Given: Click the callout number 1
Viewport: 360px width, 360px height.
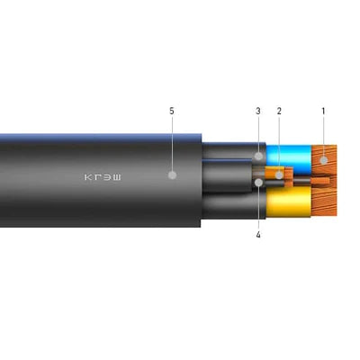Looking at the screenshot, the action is pyautogui.click(x=323, y=111).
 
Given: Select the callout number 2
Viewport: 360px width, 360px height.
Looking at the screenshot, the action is pyautogui.click(x=279, y=111).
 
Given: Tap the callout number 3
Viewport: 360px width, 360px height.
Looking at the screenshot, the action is pyautogui.click(x=258, y=111).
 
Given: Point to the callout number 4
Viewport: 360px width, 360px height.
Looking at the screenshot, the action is pyautogui.click(x=258, y=235).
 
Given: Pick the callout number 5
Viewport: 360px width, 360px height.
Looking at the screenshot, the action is pyautogui.click(x=172, y=111).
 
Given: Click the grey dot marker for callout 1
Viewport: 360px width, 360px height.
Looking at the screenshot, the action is pyautogui.click(x=323, y=160).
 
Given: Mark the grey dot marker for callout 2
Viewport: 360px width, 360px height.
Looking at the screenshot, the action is pyautogui.click(x=279, y=175).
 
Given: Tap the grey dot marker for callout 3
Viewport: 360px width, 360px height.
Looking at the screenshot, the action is pyautogui.click(x=258, y=156).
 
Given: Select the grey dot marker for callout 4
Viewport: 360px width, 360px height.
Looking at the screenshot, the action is pyautogui.click(x=258, y=183).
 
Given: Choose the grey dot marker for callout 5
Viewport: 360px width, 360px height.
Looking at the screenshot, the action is pyautogui.click(x=172, y=175).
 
